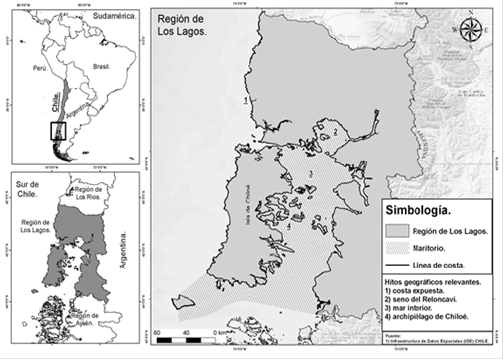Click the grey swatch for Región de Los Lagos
(x=402, y=231)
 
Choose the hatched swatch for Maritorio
(x=402, y=247)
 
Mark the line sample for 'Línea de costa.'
(x=402, y=263)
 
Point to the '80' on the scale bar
(x=158, y=330)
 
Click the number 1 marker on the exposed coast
(x=245, y=100)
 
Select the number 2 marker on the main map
(x=335, y=130)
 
